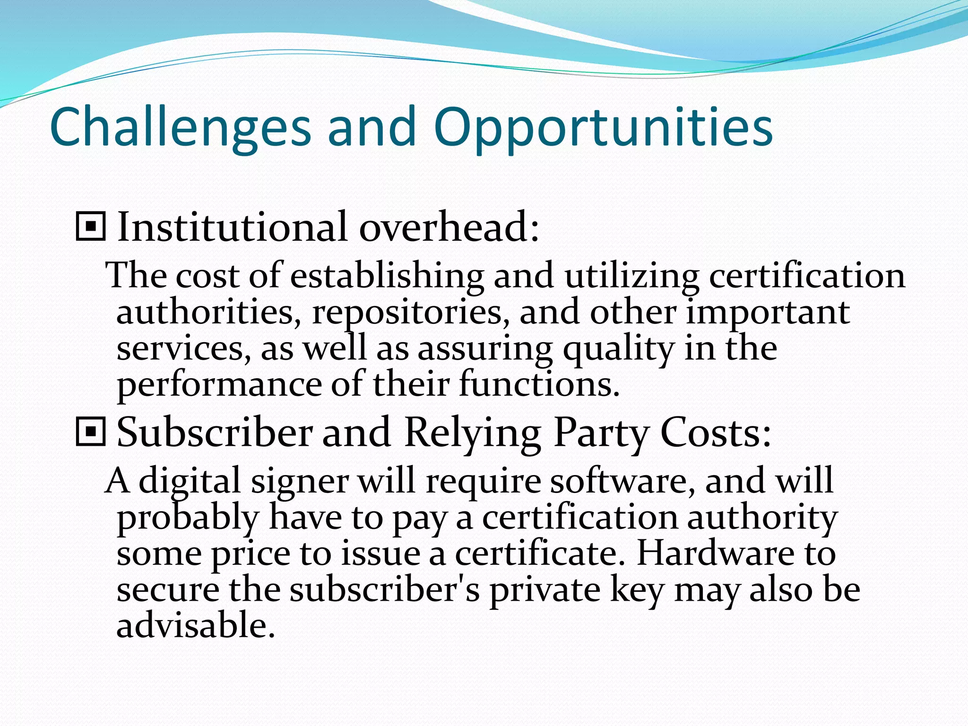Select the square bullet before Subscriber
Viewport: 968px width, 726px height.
pos(90,432)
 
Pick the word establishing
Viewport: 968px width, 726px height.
pos(387,276)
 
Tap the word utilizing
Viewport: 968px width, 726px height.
pos(631,276)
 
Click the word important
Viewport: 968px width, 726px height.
pos(768,313)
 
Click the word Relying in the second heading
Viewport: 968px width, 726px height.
pos(473,433)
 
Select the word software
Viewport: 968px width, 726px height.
pos(623,481)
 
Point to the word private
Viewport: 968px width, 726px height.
pos(544,591)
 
